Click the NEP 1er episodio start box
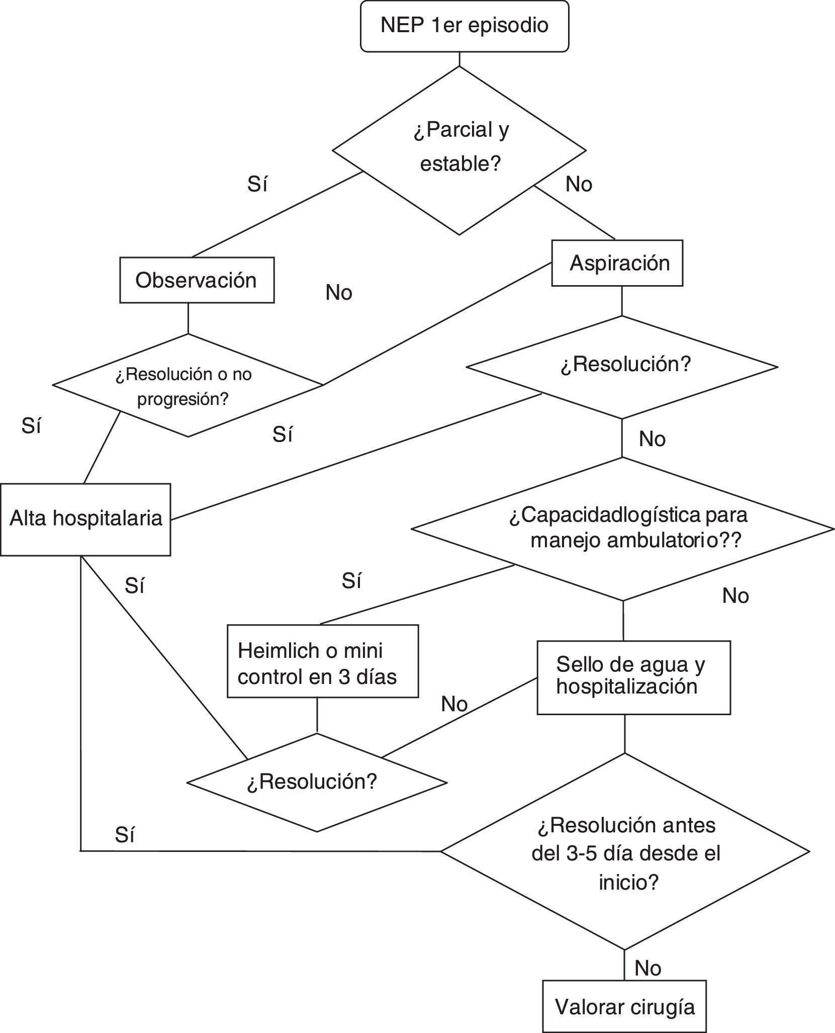tap(465, 26)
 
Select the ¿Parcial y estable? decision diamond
tap(459, 150)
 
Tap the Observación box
tap(197, 280)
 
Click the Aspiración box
tap(617, 263)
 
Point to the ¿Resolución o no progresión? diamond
tap(188, 385)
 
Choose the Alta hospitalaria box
tap(85, 519)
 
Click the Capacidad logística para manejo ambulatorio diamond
tap(623, 529)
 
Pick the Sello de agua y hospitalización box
tap(633, 677)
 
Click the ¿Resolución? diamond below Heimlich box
tap(317, 782)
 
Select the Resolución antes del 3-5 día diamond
tap(625, 851)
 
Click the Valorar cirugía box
tap(624, 1006)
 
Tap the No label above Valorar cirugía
tap(647, 968)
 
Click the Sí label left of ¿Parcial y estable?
tap(257, 185)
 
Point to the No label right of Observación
tap(339, 293)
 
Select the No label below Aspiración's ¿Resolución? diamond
tap(652, 439)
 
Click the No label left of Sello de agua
tap(454, 704)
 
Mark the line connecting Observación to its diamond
tap(189, 318)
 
